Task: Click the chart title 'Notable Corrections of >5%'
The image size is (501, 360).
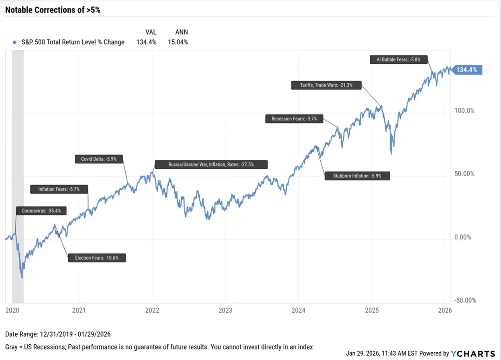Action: pos(53,10)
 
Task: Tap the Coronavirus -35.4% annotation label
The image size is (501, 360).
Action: pos(41,211)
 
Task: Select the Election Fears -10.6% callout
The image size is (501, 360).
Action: pos(97,258)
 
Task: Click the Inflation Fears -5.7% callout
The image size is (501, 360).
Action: pos(59,189)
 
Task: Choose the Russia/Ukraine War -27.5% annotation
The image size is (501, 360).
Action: pos(210,164)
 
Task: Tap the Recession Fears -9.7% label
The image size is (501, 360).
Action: pos(294,119)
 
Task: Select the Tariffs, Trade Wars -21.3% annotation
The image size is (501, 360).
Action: pos(326,85)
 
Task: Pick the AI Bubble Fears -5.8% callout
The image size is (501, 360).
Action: pos(398,59)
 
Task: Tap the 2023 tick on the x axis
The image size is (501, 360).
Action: pos(225,310)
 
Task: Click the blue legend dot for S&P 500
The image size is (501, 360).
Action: pos(15,42)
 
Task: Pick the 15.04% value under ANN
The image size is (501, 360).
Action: pos(178,42)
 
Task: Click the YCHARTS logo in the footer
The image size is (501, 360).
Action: pos(473,354)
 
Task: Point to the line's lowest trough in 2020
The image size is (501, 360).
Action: pos(22,278)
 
